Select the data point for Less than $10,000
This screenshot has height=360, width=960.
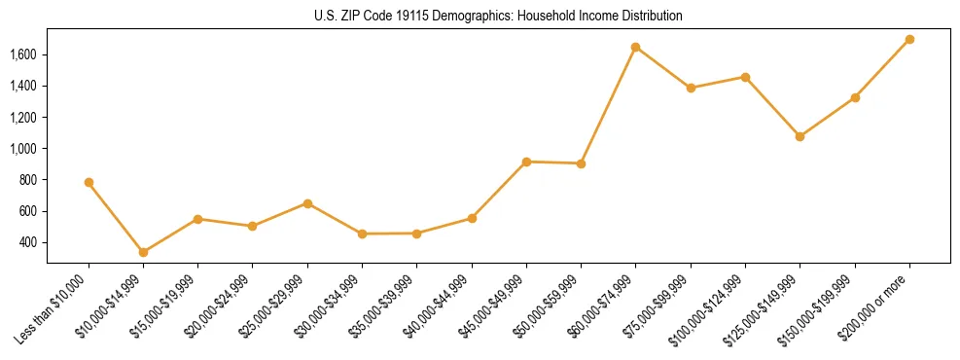click(89, 182)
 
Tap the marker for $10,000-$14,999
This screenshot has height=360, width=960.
click(143, 252)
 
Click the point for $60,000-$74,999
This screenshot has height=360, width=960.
click(635, 47)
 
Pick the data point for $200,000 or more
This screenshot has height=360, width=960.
click(909, 39)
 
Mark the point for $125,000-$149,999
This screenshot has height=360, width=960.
click(800, 136)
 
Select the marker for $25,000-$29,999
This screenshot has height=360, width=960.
click(307, 203)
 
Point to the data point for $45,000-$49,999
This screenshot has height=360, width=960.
click(526, 162)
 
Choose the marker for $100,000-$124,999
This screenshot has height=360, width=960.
click(745, 77)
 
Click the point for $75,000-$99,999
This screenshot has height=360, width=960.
click(691, 88)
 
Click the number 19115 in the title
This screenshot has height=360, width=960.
click(400, 17)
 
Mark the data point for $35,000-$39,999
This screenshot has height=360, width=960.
click(416, 234)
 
